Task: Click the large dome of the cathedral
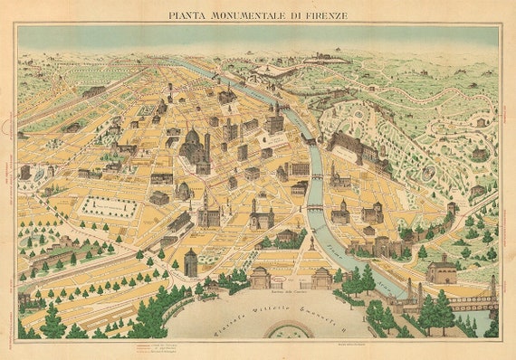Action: pos(193,140)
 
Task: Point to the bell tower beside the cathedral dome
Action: pos(207,145)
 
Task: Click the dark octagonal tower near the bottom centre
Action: pos(190,262)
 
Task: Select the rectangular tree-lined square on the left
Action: pos(109,208)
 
